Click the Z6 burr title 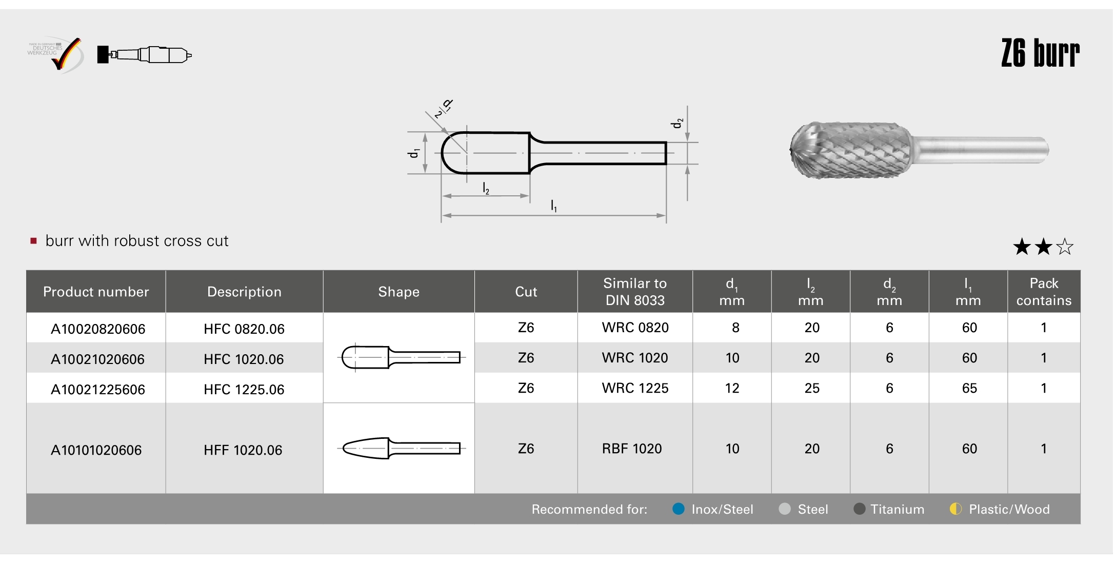pos(1040,53)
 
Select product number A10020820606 pos(98,329)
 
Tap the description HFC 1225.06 pos(244,390)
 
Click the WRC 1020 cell pos(635,358)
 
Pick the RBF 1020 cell pos(632,449)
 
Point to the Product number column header pos(96,292)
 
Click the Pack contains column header pos(1044,292)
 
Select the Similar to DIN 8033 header pos(635,292)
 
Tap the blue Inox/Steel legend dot pos(679,509)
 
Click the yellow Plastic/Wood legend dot pos(955,509)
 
